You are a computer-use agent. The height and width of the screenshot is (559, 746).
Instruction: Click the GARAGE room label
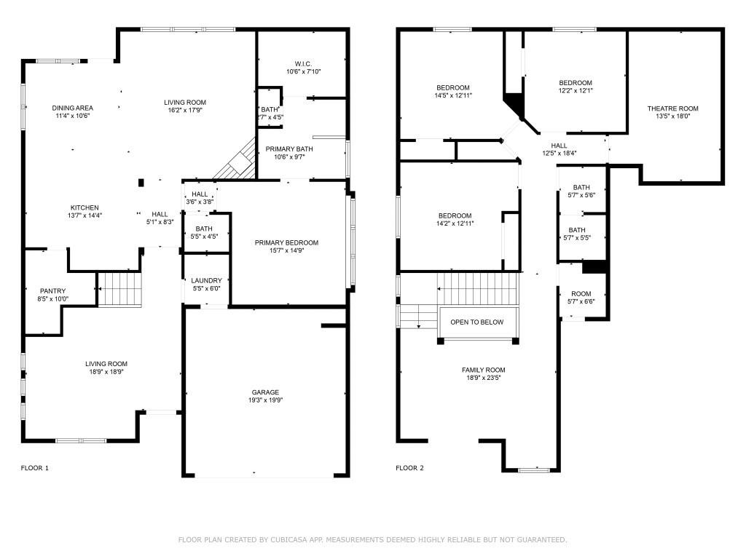point(265,392)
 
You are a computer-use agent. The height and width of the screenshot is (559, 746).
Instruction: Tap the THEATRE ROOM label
point(672,108)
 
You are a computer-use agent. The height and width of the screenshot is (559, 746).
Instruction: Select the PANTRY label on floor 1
point(52,291)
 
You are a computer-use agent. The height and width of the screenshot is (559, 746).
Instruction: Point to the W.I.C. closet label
point(303,63)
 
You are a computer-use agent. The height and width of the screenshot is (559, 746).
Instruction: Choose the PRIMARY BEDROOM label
point(286,242)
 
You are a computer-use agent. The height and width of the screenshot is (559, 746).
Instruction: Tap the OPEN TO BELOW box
point(476,322)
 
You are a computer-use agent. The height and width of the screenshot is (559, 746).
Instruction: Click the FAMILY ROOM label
point(483,370)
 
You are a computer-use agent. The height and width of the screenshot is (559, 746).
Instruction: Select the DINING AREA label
point(72,108)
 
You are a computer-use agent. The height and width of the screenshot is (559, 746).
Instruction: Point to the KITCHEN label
point(85,207)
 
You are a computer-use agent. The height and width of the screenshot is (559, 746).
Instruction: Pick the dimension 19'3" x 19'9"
point(265,400)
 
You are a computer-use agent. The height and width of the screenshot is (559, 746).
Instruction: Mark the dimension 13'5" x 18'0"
point(672,116)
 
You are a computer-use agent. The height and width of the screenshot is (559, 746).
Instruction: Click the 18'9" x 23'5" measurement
point(483,378)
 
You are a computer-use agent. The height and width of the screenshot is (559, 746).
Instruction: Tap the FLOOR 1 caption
point(34,468)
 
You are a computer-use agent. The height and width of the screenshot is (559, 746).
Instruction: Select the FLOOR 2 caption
point(409,468)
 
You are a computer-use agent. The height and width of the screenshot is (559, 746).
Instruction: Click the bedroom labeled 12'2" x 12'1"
point(575,87)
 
